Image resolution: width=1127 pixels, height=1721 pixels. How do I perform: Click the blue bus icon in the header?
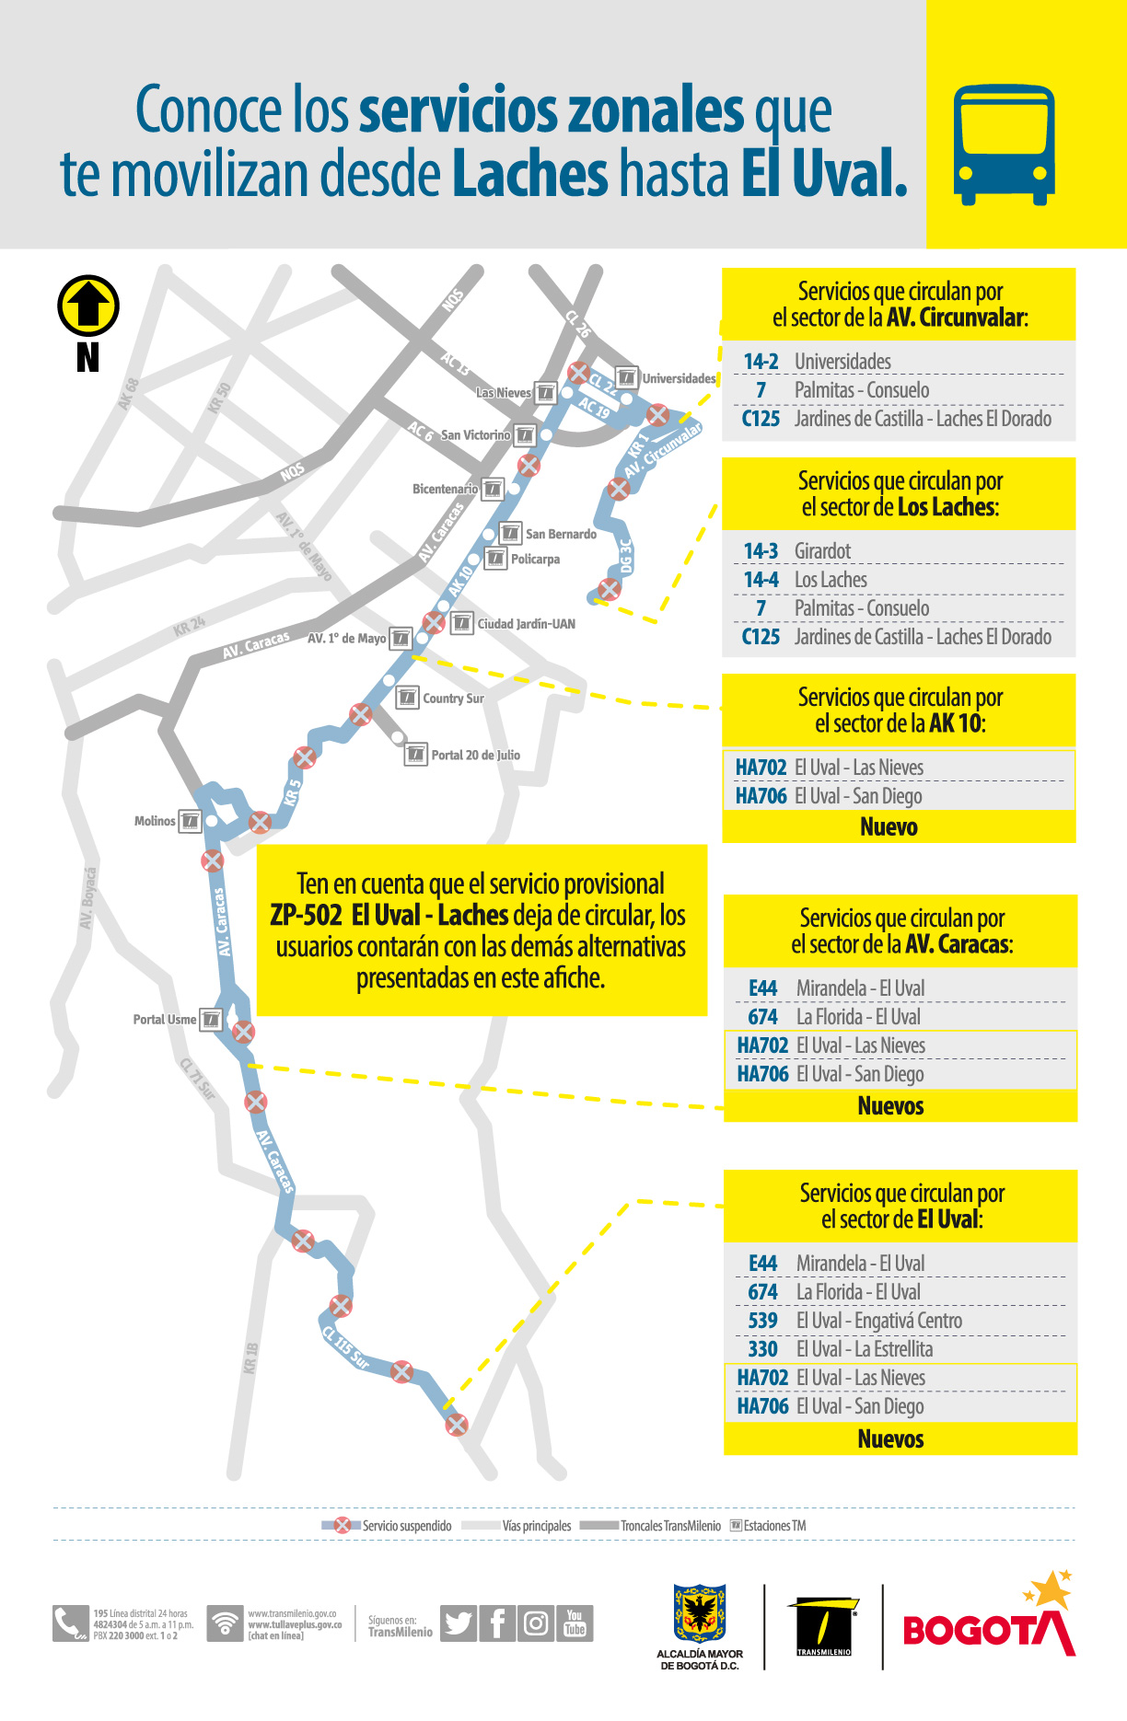1004,144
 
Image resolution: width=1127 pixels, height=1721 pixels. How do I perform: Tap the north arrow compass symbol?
88,306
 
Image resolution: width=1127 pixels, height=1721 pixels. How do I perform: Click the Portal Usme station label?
164,1020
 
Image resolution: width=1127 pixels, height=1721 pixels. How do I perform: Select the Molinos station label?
155,821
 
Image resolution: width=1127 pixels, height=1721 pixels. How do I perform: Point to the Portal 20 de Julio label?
475,756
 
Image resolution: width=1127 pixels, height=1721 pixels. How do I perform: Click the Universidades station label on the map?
679,378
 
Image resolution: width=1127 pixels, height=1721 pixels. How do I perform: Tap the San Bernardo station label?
561,534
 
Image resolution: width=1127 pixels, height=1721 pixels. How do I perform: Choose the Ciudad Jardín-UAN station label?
526,624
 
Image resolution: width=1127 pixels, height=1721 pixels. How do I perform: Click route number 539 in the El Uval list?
762,1321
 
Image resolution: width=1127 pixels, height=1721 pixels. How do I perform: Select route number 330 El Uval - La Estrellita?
762,1349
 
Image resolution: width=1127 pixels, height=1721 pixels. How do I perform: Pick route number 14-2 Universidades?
761,362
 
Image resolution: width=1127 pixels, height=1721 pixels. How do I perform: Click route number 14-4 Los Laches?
761,580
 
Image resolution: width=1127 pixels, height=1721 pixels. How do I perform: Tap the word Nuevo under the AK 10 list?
889,826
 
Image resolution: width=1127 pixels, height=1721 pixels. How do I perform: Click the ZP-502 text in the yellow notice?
306,916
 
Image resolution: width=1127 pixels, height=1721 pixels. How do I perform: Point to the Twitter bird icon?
459,1623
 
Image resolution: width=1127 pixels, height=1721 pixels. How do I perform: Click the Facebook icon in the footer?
497,1623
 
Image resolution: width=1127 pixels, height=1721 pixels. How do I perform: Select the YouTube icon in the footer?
575,1623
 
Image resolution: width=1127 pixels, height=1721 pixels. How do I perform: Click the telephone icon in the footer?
69,1624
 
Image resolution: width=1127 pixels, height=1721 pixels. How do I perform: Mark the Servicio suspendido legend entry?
405,1526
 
